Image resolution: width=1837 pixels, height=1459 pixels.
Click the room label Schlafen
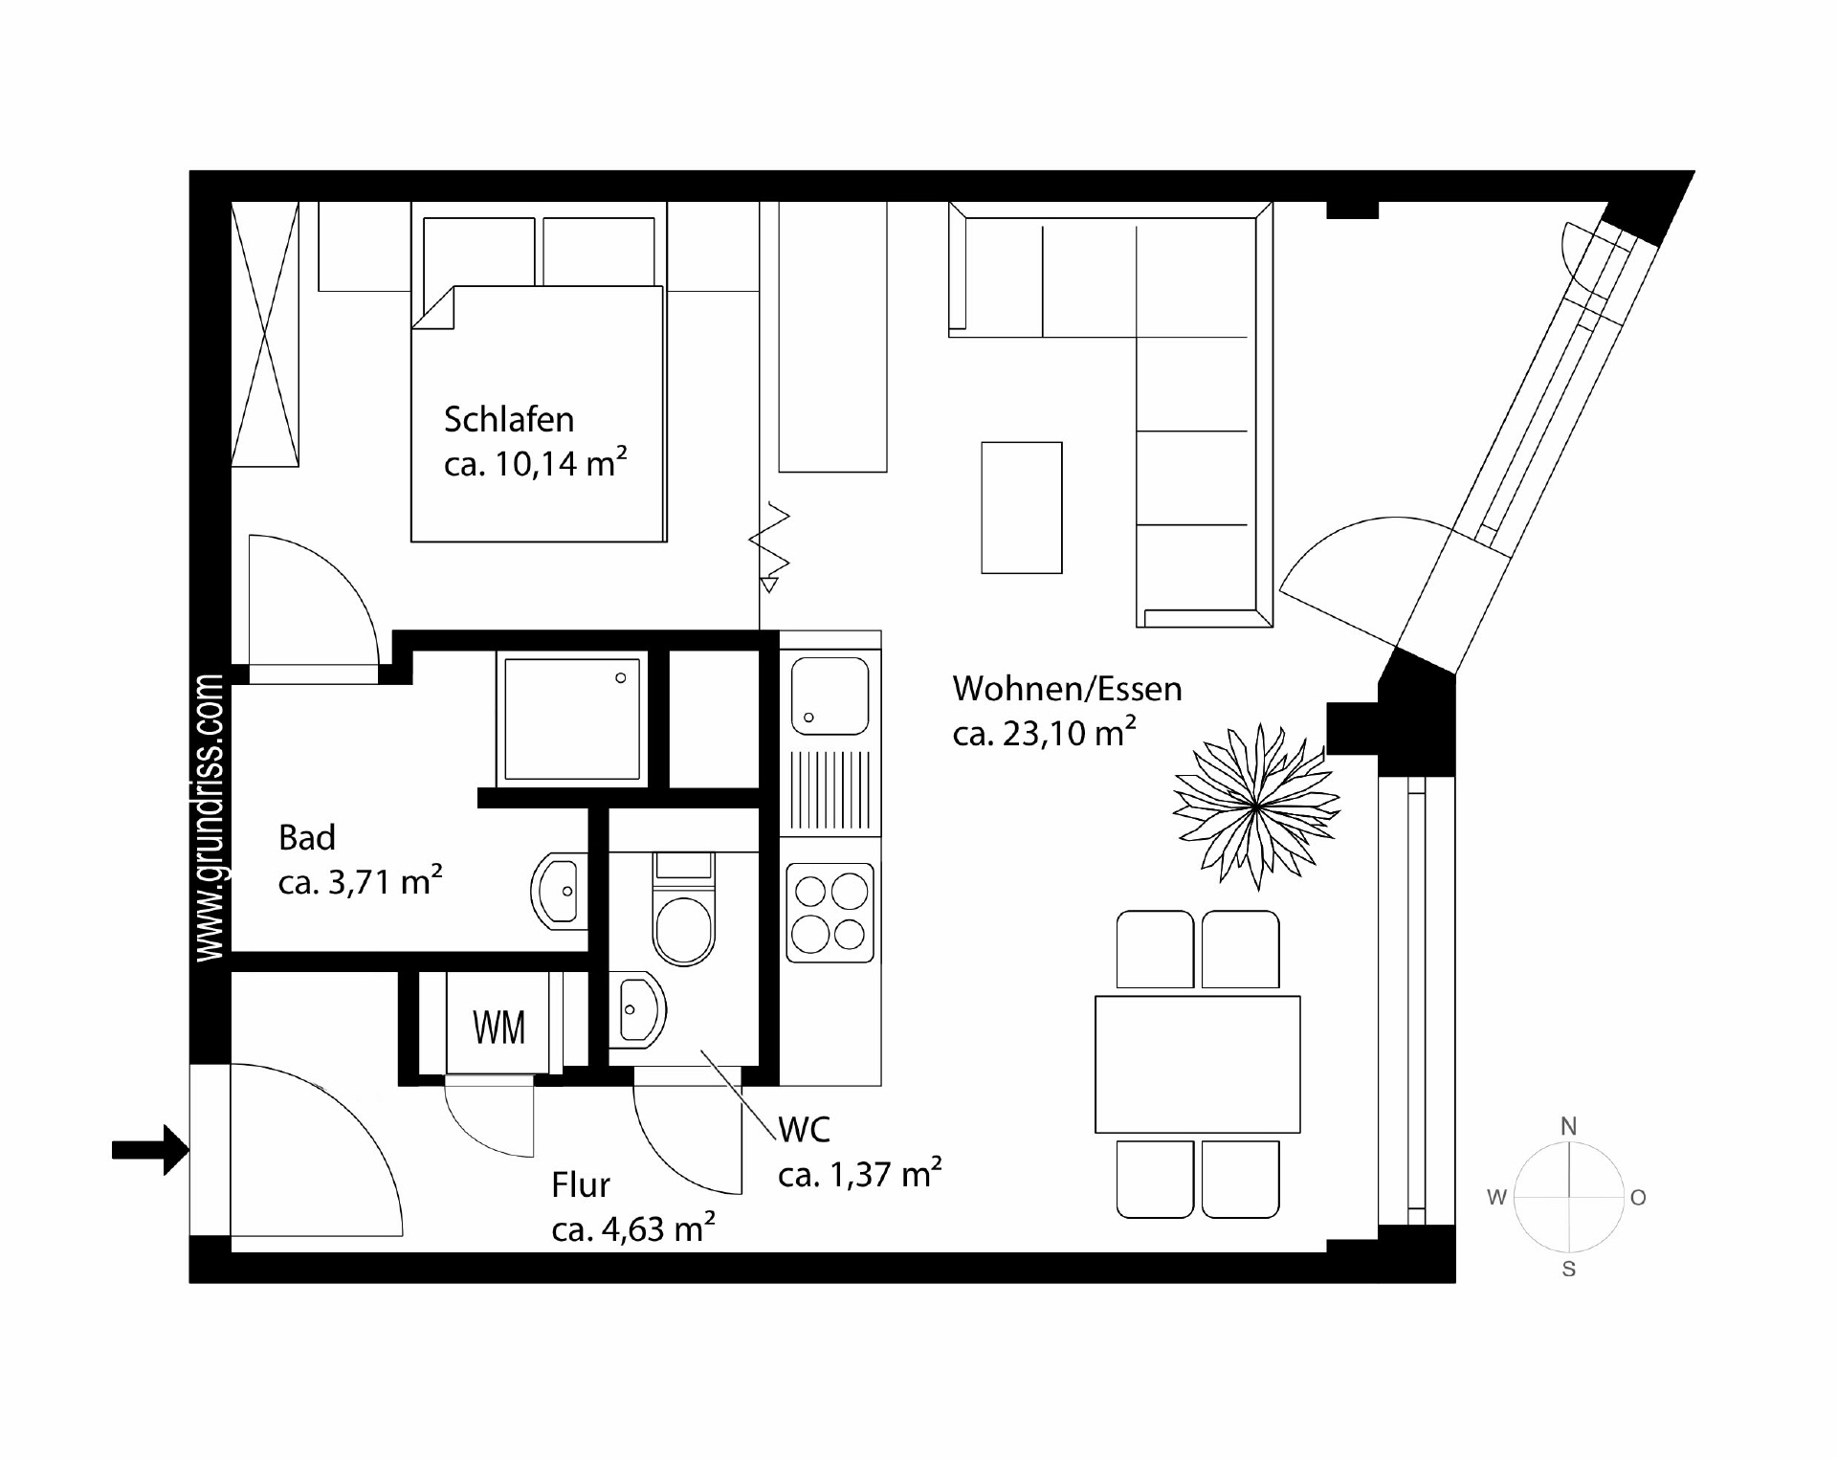click(508, 420)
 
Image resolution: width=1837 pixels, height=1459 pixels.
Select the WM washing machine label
click(498, 1028)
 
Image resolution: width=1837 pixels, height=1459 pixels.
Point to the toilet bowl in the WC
click(683, 929)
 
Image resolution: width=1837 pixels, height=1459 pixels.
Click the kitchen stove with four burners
click(830, 913)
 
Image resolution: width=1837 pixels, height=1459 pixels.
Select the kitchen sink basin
click(830, 696)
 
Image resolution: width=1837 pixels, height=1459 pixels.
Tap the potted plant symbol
click(1255, 805)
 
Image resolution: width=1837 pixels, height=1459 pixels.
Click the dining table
click(1197, 1064)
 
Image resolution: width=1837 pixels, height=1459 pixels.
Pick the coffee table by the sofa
click(1021, 507)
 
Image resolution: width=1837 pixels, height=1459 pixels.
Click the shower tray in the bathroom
click(571, 718)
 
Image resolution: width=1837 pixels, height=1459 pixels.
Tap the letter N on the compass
click(1568, 1127)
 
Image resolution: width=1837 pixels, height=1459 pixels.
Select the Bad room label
click(306, 838)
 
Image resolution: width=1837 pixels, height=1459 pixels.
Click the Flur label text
click(580, 1185)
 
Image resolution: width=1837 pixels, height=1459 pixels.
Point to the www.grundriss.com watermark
click(209, 818)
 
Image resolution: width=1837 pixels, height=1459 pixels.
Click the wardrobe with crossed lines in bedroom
click(265, 334)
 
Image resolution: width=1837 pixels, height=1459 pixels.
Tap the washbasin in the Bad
click(558, 891)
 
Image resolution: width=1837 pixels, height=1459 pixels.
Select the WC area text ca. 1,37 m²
click(858, 1174)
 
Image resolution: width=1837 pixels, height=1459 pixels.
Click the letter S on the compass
click(1568, 1270)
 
